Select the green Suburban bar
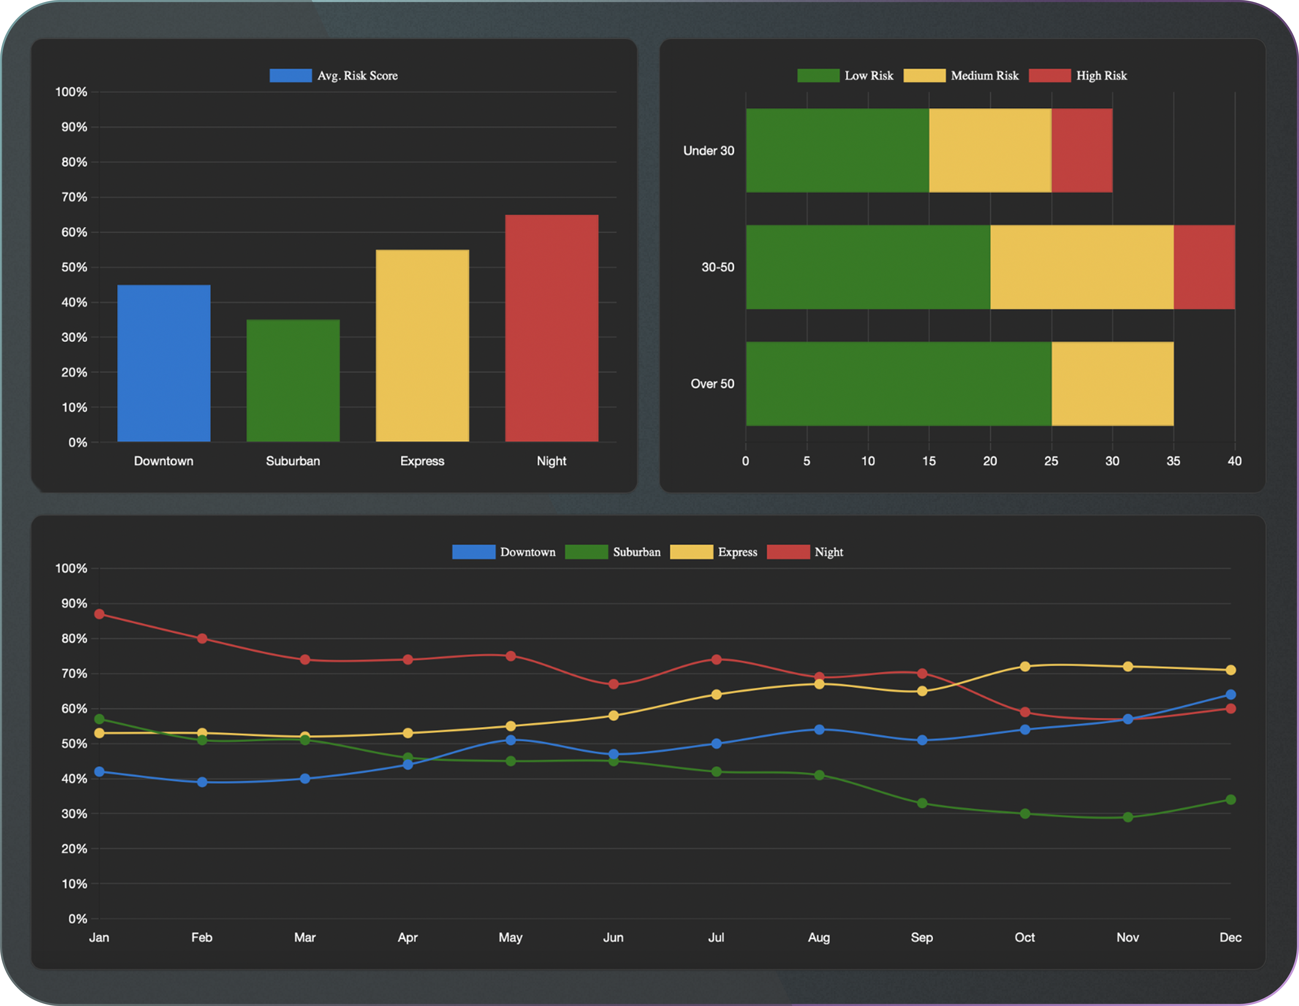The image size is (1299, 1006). click(293, 381)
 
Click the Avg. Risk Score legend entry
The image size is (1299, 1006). click(334, 75)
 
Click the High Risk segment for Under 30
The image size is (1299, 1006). click(1081, 150)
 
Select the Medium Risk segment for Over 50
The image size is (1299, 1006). click(1112, 384)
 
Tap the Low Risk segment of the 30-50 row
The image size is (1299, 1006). click(868, 267)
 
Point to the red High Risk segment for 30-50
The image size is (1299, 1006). click(1204, 267)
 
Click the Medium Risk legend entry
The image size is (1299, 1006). click(961, 75)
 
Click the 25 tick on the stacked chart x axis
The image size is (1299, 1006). click(1051, 461)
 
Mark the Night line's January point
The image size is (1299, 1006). click(99, 614)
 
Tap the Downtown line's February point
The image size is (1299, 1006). click(202, 782)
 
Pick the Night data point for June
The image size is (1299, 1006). click(613, 684)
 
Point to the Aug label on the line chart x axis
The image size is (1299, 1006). click(819, 937)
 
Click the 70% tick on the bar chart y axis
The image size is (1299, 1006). click(74, 197)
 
